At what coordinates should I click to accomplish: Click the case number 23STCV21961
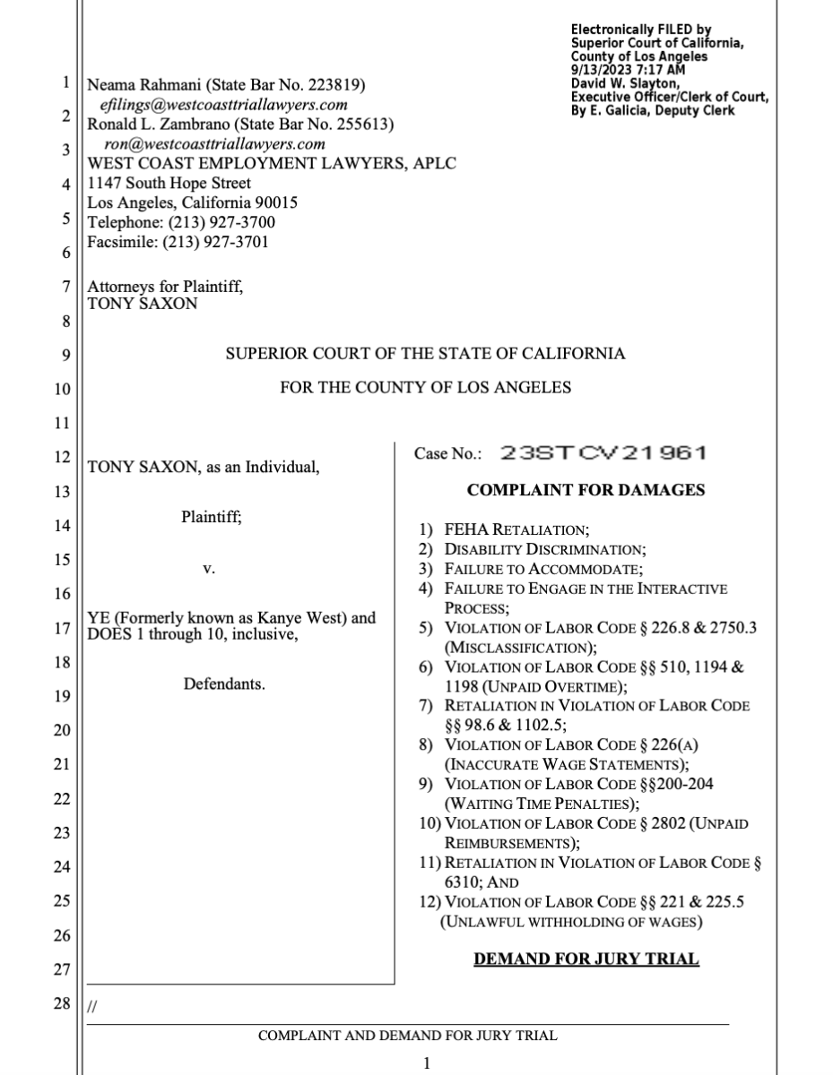coord(603,453)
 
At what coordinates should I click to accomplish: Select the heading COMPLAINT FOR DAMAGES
coord(586,490)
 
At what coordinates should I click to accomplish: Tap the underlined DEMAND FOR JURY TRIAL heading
coord(586,959)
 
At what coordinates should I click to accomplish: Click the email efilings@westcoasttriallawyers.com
coord(223,104)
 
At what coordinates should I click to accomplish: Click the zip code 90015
coord(277,202)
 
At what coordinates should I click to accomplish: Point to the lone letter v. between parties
coord(209,569)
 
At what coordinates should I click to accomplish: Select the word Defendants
coord(224,684)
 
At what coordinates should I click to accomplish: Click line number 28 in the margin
coord(61,1003)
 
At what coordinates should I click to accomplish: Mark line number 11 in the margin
coord(61,422)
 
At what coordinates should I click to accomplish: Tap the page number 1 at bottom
coord(427,1063)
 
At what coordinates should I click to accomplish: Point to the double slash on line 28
coord(91,1007)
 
